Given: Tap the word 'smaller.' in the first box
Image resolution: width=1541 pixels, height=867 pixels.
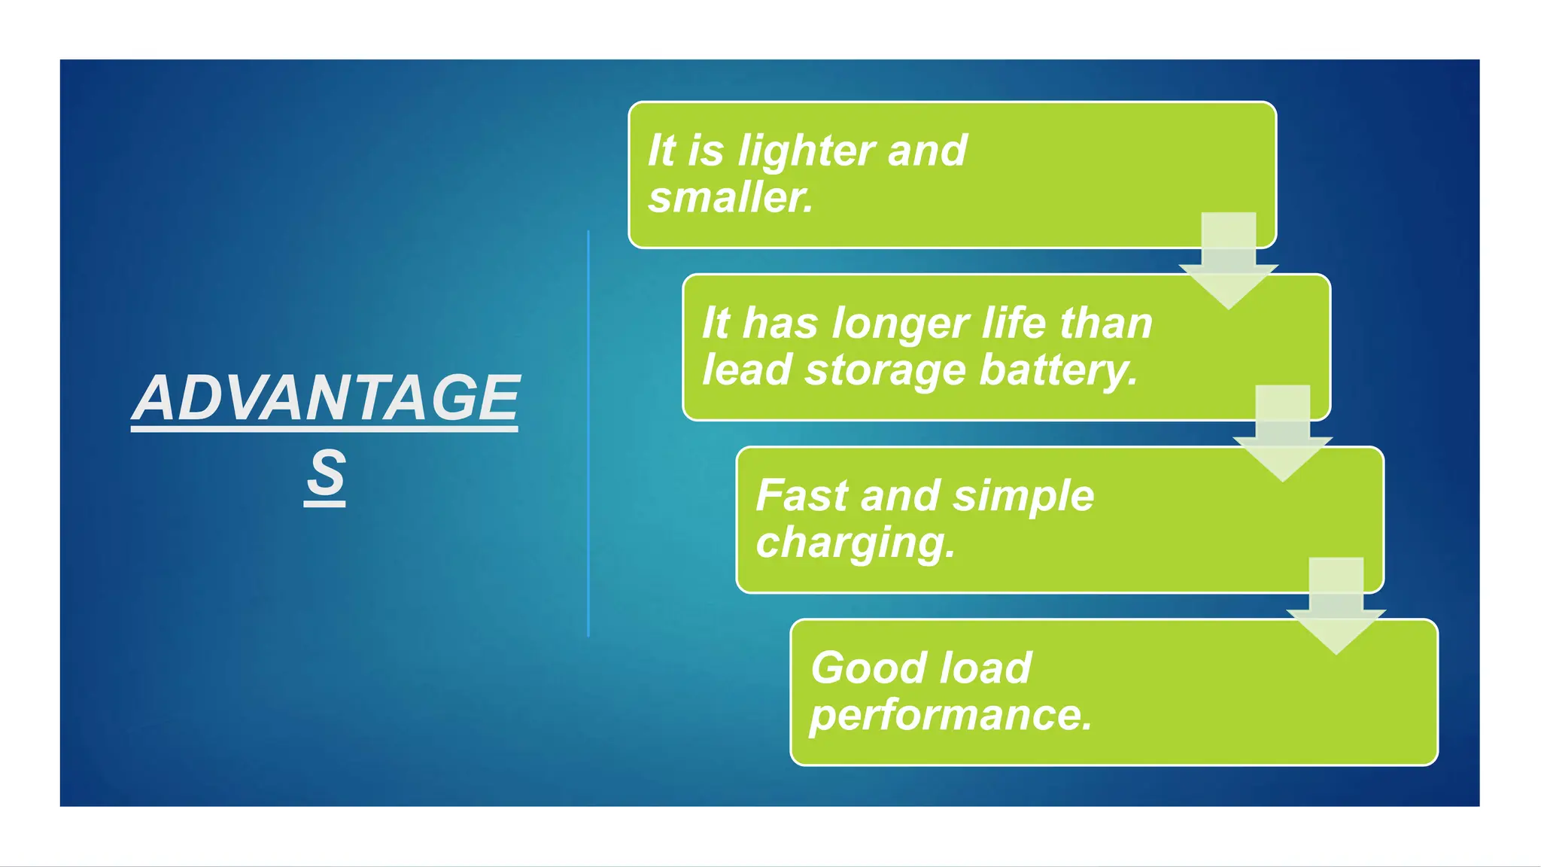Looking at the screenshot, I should pos(731,198).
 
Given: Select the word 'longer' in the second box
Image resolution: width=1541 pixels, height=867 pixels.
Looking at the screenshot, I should pos(900,324).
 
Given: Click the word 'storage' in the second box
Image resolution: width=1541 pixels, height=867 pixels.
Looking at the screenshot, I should pos(885,370).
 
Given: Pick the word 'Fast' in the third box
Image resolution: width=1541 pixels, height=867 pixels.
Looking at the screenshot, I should pos(801,496).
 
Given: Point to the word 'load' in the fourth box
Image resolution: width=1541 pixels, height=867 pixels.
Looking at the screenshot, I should pos(985,668).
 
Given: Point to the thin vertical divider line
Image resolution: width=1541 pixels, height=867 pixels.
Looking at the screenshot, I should pos(588,433).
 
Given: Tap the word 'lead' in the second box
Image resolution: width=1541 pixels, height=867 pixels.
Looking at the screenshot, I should pos(746,370).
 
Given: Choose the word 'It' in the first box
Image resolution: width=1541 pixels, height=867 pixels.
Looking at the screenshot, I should pos(661,151).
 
